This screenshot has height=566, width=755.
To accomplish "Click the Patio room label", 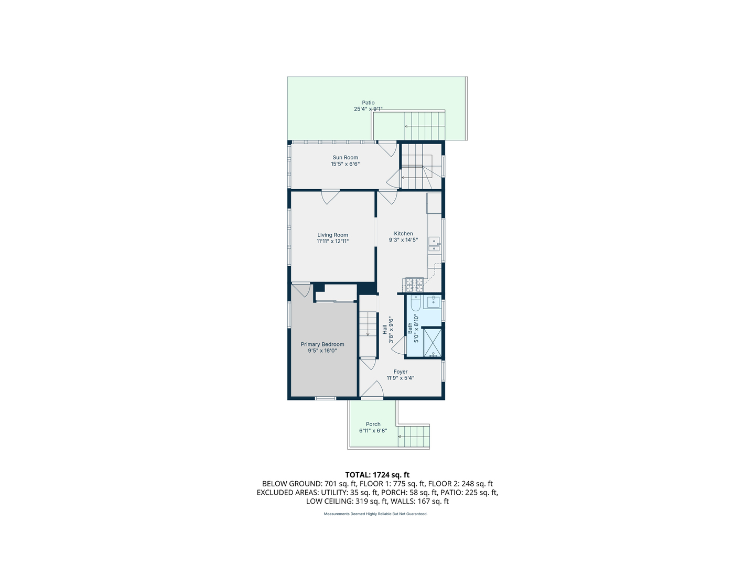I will [368, 103].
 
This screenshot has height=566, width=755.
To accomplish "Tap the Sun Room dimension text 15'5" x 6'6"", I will [345, 164].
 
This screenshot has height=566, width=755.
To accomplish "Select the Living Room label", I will [332, 235].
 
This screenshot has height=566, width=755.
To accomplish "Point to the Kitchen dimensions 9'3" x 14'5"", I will [403, 240].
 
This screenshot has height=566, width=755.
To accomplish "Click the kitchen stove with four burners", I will [414, 285].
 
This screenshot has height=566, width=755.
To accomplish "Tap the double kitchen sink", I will [434, 244].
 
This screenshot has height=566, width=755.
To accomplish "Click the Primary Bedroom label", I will [322, 344].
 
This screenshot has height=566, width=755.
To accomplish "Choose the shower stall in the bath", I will [433, 342].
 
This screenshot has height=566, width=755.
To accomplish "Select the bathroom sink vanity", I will [433, 302].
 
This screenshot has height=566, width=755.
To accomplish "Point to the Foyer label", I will [401, 372].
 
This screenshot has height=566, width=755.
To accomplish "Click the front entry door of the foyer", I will [372, 390].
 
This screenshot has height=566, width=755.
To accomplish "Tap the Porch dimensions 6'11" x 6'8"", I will [373, 431].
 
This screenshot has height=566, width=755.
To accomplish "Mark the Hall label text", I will [385, 329].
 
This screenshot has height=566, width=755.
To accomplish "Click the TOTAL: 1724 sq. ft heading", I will [377, 475].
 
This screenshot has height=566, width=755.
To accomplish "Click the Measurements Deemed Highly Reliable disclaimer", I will [375, 514].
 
